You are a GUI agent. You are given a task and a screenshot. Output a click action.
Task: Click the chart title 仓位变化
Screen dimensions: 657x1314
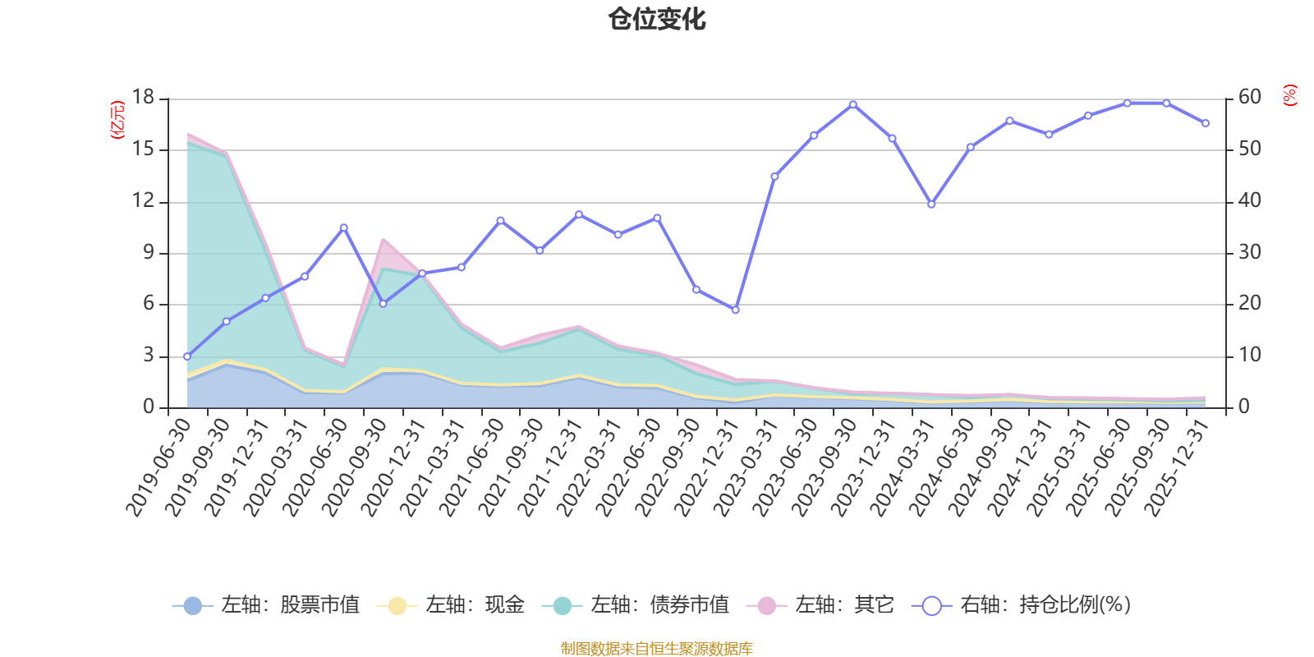click(657, 19)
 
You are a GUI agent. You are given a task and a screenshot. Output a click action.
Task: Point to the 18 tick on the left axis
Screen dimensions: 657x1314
click(143, 98)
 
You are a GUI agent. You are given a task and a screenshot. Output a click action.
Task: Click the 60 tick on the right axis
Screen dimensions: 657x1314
click(1249, 98)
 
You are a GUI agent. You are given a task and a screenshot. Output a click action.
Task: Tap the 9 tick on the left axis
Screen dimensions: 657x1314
click(148, 252)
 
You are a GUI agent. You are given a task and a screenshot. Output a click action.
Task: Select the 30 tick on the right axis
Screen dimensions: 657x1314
click(1249, 252)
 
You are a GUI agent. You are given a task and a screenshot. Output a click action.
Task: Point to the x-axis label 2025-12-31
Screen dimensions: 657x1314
click(1178, 466)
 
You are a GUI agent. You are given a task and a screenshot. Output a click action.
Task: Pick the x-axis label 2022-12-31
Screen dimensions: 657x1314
click(707, 466)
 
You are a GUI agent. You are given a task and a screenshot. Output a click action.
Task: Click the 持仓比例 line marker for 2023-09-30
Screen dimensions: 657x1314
click(852, 104)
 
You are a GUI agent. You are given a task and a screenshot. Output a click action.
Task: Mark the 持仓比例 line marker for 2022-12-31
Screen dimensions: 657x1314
click(735, 310)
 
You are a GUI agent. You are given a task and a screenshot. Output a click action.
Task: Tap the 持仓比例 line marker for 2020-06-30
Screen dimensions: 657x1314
click(343, 227)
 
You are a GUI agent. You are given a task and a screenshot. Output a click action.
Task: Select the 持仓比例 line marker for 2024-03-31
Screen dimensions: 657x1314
click(930, 204)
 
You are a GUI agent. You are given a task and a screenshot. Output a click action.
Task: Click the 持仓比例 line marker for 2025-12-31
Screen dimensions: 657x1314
click(1206, 123)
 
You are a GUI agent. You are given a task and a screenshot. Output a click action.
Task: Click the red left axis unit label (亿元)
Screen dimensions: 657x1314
click(117, 120)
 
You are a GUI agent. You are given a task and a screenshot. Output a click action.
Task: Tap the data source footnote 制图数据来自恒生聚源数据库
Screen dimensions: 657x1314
click(657, 649)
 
